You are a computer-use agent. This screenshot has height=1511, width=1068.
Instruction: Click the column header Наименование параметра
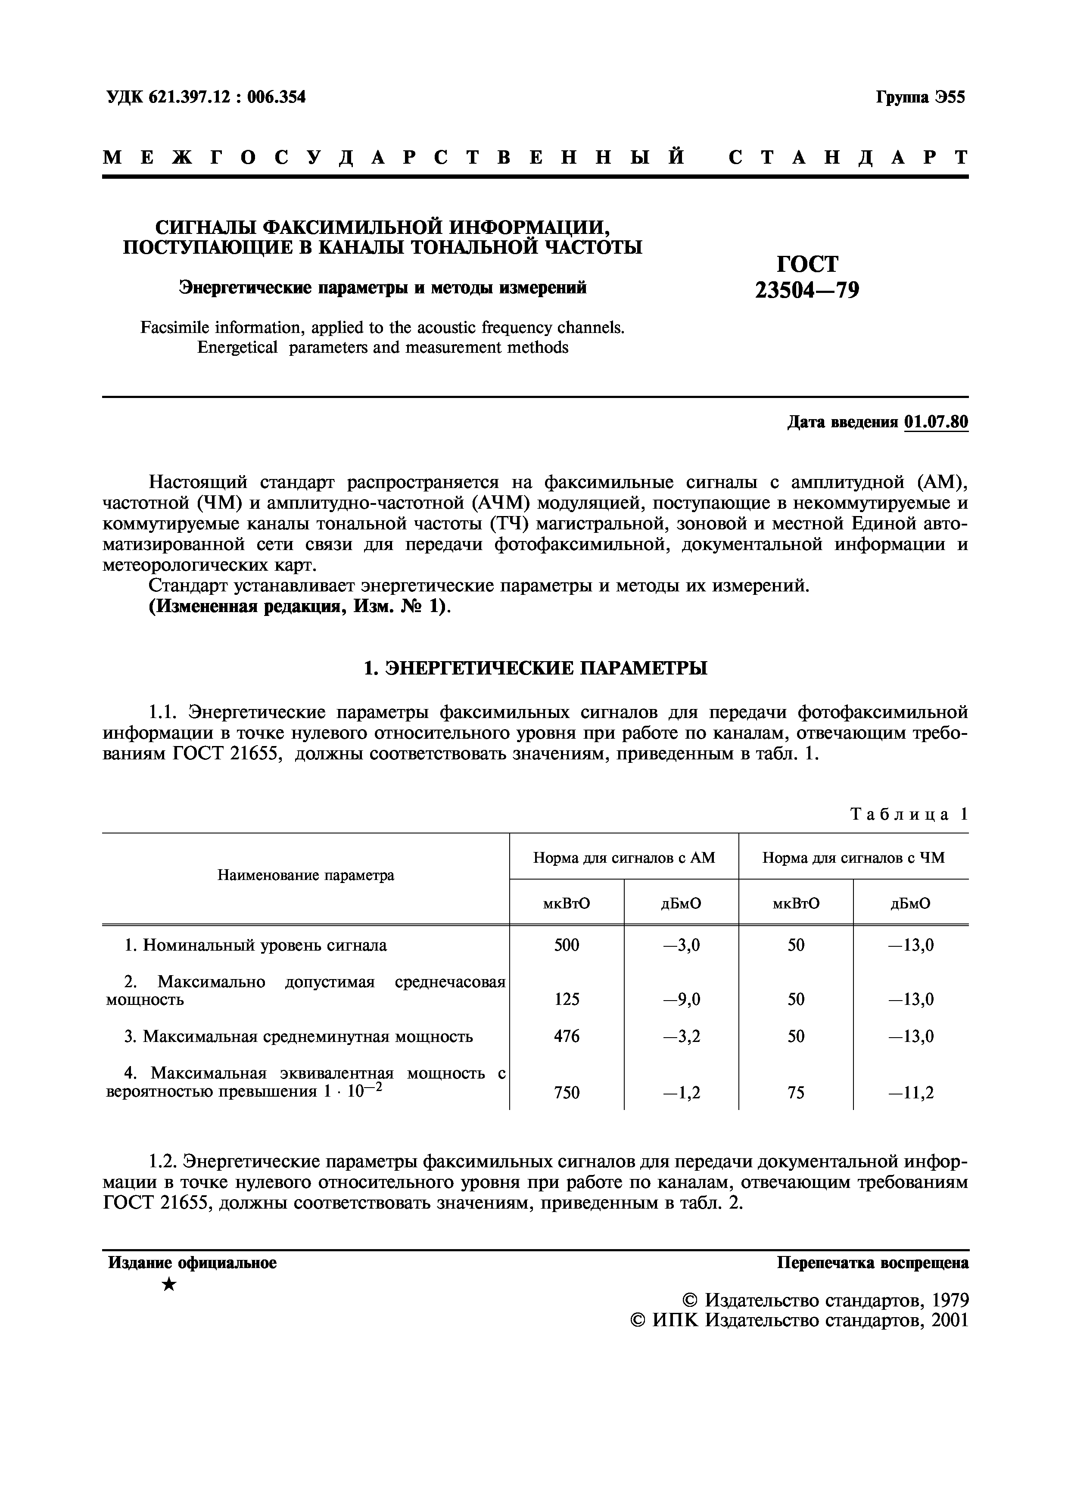coord(306,875)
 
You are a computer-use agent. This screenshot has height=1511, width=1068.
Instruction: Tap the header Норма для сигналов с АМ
coord(624,858)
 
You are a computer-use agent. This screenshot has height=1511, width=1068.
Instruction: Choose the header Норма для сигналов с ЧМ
coord(853,858)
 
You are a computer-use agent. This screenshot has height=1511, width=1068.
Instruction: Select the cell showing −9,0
coord(681,1000)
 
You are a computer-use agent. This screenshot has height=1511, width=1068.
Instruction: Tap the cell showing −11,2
coord(911,1093)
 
